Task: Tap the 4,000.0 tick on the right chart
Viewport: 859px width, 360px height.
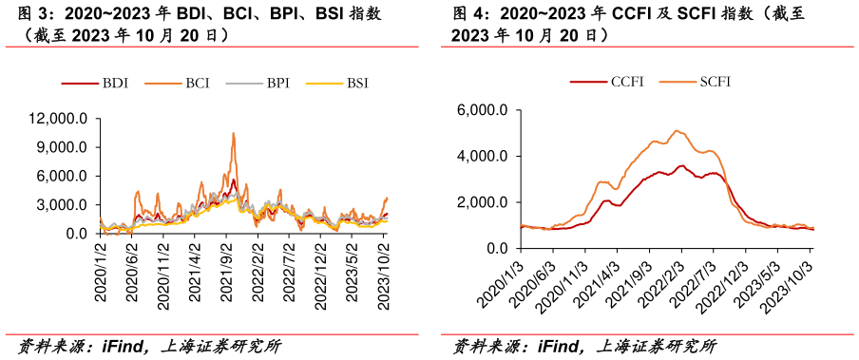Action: [487, 156]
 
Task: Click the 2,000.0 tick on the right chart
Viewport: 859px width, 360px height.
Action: [487, 202]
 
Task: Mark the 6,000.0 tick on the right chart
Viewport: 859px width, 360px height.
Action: [487, 110]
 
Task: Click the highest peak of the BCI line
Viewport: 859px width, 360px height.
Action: [233, 134]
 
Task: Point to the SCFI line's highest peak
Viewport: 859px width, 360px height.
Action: [676, 130]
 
